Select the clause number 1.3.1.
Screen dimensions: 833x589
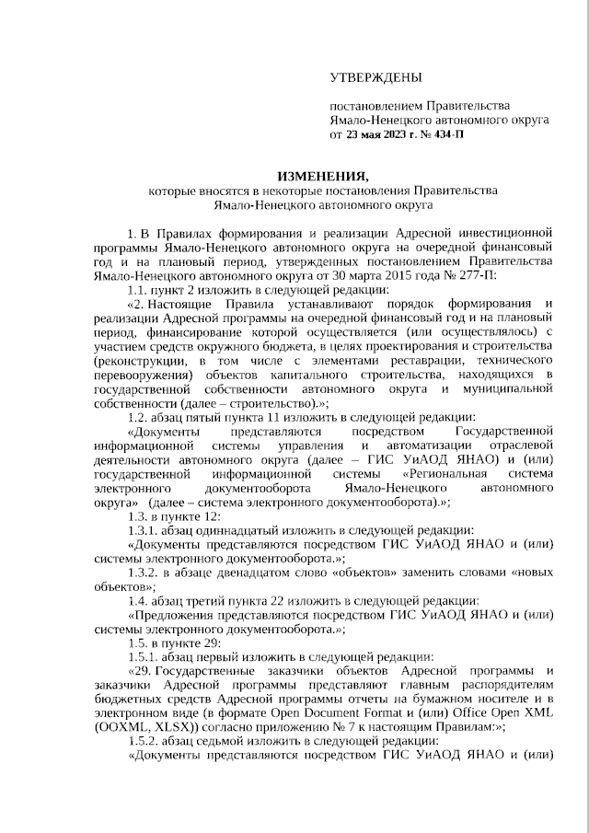pyautogui.click(x=144, y=530)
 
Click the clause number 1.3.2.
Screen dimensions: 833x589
pyautogui.click(x=144, y=572)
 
